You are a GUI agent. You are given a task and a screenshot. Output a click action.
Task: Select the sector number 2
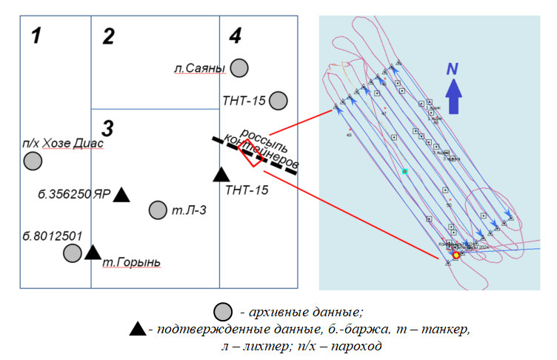point(108,36)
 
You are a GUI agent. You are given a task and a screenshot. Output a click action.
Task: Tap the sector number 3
point(107,129)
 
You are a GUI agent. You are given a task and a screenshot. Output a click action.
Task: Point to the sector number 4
point(235,35)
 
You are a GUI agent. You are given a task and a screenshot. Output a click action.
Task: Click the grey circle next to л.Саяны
point(239,68)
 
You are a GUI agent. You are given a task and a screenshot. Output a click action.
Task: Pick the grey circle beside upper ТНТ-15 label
point(278,99)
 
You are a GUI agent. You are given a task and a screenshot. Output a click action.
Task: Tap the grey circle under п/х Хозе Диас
point(33,161)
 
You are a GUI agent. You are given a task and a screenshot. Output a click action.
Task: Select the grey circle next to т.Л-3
point(158,210)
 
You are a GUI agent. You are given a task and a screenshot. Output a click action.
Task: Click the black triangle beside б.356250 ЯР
point(121,195)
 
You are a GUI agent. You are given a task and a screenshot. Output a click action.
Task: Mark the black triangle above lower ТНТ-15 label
point(221,175)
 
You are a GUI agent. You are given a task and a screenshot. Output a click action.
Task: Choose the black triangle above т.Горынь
point(93,252)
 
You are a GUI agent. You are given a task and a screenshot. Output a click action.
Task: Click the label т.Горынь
point(132,262)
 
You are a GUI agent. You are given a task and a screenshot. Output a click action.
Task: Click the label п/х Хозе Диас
point(63,143)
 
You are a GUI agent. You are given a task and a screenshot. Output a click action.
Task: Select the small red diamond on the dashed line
point(246,154)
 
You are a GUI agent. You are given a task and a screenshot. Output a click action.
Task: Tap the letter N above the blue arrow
point(453,69)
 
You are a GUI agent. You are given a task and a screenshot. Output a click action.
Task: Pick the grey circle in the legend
point(221,311)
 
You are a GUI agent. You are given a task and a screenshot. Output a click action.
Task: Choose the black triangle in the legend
point(137,329)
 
